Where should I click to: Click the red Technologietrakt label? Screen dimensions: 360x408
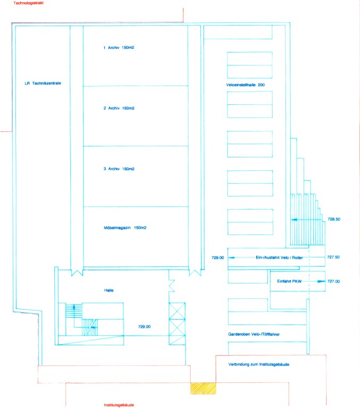click(28, 3)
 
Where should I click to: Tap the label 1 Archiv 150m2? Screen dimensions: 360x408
click(119, 48)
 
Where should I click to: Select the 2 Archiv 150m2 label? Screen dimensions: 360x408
click(119, 108)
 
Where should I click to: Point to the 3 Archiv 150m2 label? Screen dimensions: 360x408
click(119, 169)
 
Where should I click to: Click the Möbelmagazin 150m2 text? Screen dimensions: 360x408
click(125, 228)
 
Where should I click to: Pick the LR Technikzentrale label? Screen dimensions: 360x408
click(43, 84)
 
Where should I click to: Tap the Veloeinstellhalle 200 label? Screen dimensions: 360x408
click(246, 85)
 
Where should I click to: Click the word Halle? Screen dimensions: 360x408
click(109, 290)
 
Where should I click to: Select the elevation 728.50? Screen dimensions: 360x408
click(334, 219)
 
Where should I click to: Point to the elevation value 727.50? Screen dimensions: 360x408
click(333, 257)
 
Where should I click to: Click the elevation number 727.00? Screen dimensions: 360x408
click(334, 281)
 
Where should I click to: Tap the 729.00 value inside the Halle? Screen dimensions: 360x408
click(144, 327)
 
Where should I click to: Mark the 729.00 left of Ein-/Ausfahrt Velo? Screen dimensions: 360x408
click(218, 258)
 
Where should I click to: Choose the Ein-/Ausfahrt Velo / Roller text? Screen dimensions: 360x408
click(279, 257)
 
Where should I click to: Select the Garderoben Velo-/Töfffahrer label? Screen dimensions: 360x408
click(254, 335)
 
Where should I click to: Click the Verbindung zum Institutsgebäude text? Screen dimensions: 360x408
click(259, 364)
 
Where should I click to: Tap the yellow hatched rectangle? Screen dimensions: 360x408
click(203, 388)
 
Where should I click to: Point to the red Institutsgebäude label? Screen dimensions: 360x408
click(119, 405)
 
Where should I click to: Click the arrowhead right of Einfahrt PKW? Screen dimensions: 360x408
click(322, 281)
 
